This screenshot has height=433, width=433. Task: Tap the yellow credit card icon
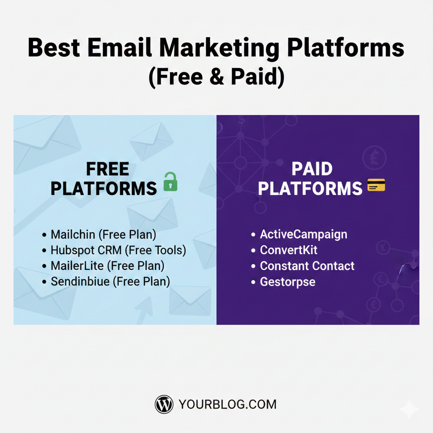point(376,185)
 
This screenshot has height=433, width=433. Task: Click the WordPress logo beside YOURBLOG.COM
point(164,404)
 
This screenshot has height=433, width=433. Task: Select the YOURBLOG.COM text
point(227,405)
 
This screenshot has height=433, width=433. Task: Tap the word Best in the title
point(53,48)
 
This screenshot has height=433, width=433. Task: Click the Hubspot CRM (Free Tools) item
point(118,250)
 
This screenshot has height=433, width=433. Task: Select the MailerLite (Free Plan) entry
point(107,266)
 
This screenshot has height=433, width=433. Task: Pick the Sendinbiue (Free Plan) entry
point(110,281)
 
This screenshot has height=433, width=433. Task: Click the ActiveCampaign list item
point(303,234)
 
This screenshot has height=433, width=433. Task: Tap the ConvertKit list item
point(288,250)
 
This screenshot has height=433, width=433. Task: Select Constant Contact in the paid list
point(307,266)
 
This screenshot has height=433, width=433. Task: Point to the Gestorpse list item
point(288,282)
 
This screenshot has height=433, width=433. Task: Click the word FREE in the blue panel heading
point(107,170)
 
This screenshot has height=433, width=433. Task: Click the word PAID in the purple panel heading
point(312,170)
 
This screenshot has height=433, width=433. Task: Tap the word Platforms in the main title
point(345,48)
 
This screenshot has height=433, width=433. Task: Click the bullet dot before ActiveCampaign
point(253,235)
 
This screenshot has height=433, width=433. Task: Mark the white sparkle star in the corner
point(409,409)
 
